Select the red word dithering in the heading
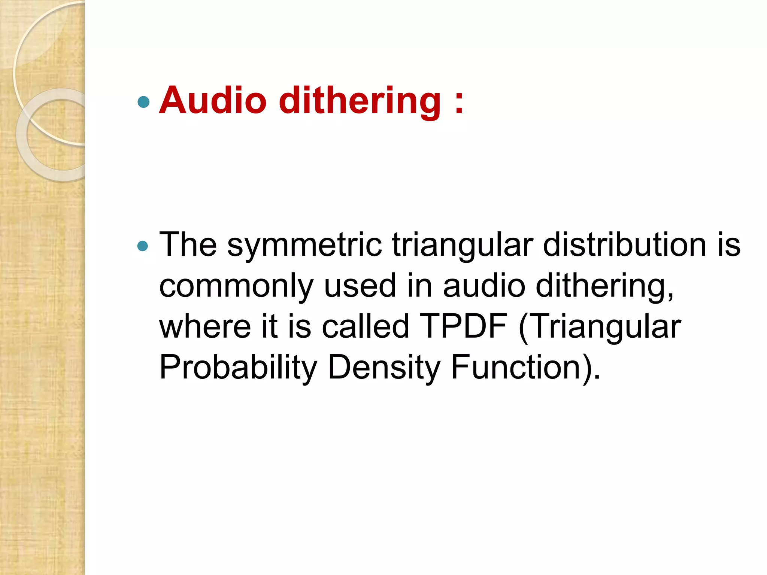[360, 101]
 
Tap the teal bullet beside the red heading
[143, 102]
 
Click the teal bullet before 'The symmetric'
[143, 246]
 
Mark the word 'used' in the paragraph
[360, 286]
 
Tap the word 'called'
[365, 326]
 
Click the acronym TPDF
[464, 326]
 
